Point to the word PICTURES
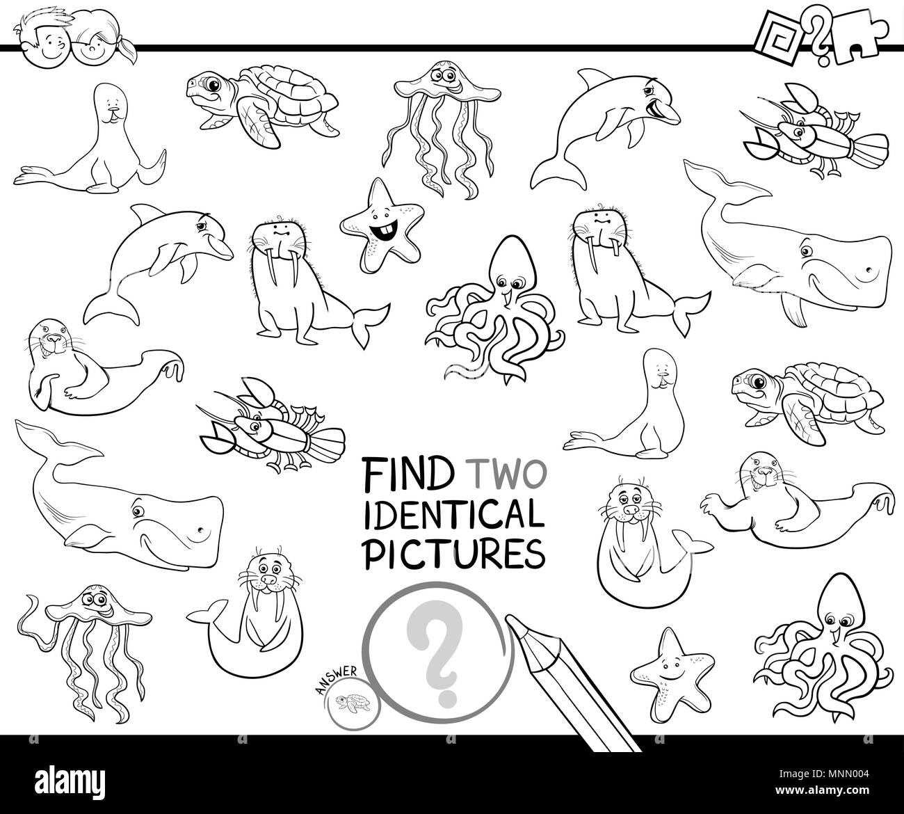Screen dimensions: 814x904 point(453,554)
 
